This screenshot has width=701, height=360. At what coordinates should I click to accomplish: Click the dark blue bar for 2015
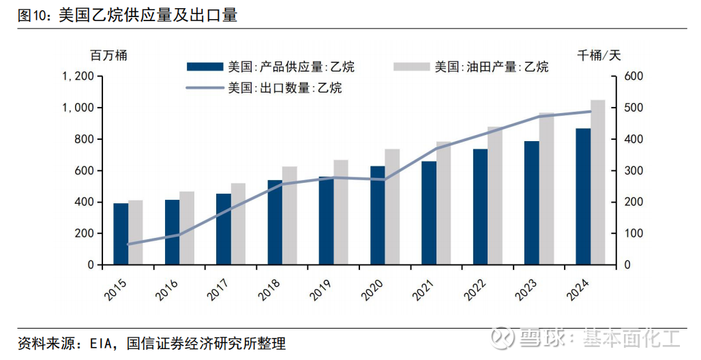[121, 234]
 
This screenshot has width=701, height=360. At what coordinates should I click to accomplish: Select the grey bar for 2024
[597, 182]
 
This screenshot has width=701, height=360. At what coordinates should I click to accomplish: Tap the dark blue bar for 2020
[377, 215]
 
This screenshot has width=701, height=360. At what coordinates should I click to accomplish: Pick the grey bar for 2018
[289, 215]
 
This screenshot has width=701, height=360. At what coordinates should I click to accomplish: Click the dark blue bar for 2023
[531, 202]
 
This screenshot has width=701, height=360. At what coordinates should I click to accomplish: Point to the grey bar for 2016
[187, 228]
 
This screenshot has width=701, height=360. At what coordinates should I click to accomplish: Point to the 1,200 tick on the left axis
[77, 76]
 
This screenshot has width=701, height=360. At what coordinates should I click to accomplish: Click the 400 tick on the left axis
[83, 202]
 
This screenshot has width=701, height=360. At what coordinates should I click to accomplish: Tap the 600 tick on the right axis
[634, 76]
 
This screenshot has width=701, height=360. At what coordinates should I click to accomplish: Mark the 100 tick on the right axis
[634, 233]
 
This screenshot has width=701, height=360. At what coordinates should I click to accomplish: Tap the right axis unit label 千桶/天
[599, 55]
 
